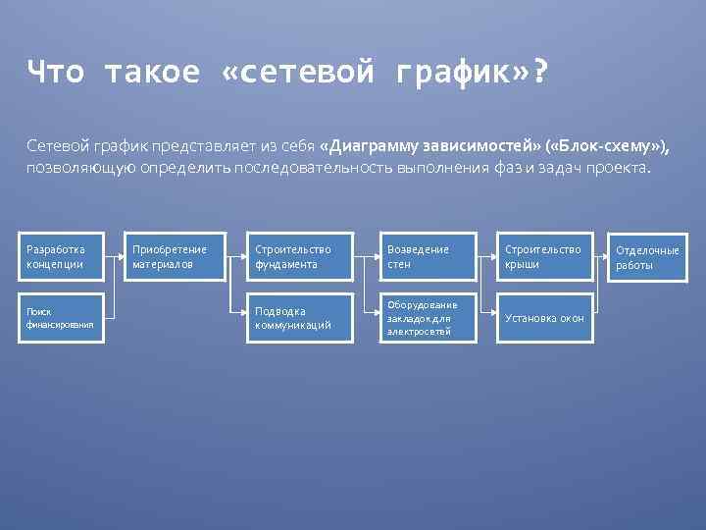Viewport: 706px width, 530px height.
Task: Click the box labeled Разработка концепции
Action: click(x=66, y=257)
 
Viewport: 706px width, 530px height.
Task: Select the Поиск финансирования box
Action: click(x=66, y=318)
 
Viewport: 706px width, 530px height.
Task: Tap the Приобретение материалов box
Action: click(x=173, y=257)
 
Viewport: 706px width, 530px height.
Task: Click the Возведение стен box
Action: click(x=429, y=257)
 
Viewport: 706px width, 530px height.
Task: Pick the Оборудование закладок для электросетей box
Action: click(x=429, y=318)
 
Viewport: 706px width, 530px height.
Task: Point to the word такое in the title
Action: click(x=152, y=72)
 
